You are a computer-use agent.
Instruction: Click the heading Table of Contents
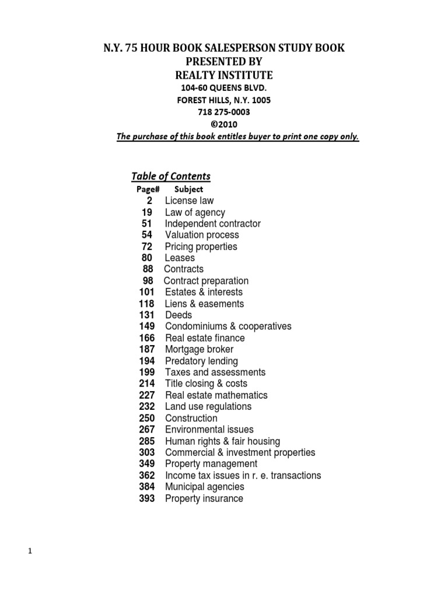tap(170, 176)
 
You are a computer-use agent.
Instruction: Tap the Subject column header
tap(188, 189)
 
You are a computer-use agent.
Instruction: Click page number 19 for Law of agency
tap(146, 212)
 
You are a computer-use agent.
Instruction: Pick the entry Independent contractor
tap(212, 224)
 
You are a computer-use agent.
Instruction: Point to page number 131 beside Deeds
tap(146, 315)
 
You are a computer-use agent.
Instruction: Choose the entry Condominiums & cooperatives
tap(228, 326)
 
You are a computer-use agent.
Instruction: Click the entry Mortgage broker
tap(199, 349)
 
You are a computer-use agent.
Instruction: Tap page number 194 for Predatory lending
tap(146, 361)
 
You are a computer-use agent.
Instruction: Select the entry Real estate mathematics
tap(216, 395)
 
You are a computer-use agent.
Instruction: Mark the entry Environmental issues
tap(209, 430)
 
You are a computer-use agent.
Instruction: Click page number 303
tap(146, 452)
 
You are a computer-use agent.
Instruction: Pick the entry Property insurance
tap(204, 498)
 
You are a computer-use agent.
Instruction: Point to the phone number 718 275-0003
tap(224, 112)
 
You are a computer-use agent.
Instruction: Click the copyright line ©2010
tap(224, 124)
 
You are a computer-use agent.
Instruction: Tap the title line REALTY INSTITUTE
tap(224, 75)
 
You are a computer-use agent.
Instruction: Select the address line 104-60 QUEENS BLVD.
tap(224, 87)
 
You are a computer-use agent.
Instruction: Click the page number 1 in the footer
tap(29, 552)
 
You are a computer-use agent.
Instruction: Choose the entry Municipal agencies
tap(205, 487)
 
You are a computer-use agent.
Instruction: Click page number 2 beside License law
tap(150, 201)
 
